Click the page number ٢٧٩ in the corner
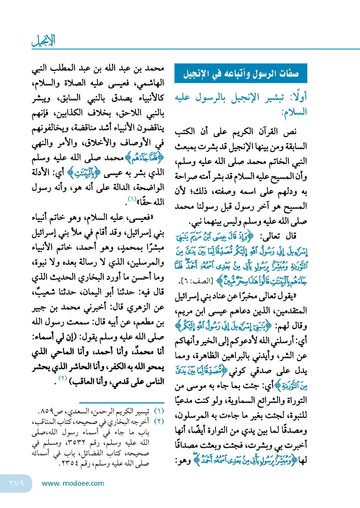click(x=17, y=483)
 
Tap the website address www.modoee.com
click(x=73, y=483)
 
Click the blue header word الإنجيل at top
click(x=44, y=40)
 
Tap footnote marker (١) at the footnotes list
click(x=159, y=411)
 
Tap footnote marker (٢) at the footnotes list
click(x=159, y=421)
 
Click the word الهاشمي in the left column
click(x=150, y=83)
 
